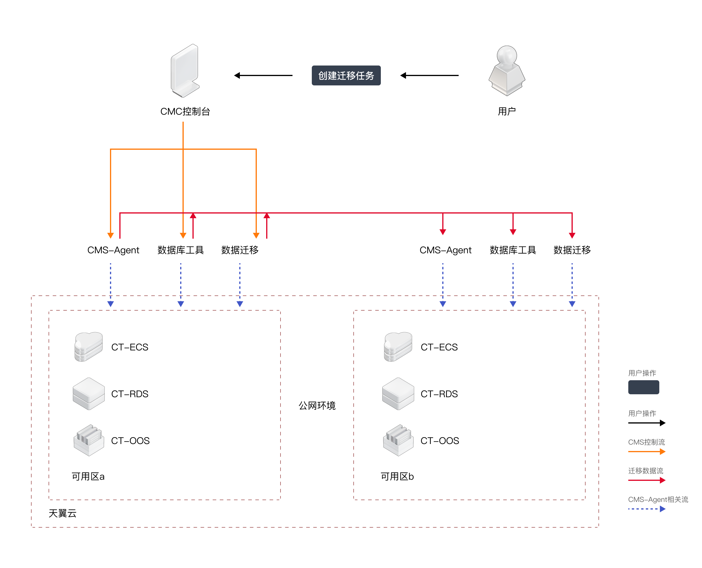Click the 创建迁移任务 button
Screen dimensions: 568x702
coord(346,75)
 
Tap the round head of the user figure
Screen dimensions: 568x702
coord(507,54)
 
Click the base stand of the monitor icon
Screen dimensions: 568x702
coord(186,90)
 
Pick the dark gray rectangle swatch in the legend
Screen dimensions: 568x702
coord(643,387)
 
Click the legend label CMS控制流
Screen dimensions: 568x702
coord(646,442)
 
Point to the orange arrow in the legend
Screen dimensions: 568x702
coord(647,452)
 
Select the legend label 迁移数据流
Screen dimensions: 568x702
coord(646,471)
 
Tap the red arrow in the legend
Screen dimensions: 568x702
coord(647,480)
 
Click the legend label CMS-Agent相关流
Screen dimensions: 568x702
coord(658,499)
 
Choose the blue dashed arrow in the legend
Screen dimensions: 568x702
coord(647,509)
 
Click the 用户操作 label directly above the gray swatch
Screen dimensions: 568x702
coord(642,373)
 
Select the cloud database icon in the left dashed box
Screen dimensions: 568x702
coord(89,347)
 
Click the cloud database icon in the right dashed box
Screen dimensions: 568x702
coord(398,347)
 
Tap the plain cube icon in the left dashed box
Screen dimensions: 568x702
coord(89,393)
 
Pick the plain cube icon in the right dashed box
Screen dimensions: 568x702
coord(398,393)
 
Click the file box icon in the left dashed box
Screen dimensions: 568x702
coord(89,440)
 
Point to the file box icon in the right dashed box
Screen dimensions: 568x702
coord(398,440)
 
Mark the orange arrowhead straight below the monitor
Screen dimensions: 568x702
coord(183,235)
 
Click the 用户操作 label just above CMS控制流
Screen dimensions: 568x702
coord(642,413)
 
